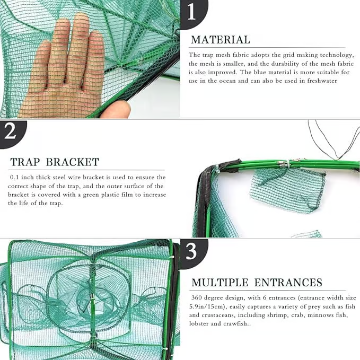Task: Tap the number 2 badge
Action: (12, 134)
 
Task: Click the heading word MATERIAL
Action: (221, 40)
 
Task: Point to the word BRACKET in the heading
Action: (73, 162)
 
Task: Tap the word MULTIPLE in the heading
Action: (220, 283)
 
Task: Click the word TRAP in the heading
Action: (25, 162)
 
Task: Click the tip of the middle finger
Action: (81, 15)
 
